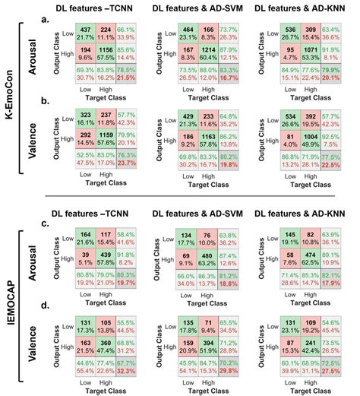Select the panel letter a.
(x=46, y=20)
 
